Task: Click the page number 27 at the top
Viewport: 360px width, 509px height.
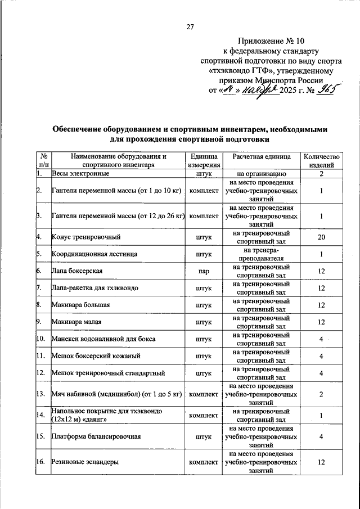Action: pyautogui.click(x=190, y=27)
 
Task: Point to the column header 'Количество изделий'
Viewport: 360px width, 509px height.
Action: pyautogui.click(x=321, y=161)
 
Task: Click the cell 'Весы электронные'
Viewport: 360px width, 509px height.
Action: pyautogui.click(x=80, y=174)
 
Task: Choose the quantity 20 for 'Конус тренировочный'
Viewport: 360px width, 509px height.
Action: pyautogui.click(x=321, y=237)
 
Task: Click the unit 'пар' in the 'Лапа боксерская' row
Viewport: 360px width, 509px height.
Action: pyautogui.click(x=204, y=271)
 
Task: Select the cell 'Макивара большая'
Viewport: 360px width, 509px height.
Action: pyautogui.click(x=80, y=305)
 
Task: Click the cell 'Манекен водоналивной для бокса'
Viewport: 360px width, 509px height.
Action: pyautogui.click(x=103, y=339)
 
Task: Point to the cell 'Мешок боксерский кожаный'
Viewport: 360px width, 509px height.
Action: pyautogui.click(x=96, y=356)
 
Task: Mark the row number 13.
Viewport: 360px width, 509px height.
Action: pyautogui.click(x=40, y=394)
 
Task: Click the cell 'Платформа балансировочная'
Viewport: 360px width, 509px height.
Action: pyautogui.click(x=95, y=436)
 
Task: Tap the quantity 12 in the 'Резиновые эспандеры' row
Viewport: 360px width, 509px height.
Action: pyautogui.click(x=321, y=462)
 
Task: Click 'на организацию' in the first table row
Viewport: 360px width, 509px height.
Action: pyautogui.click(x=262, y=174)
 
